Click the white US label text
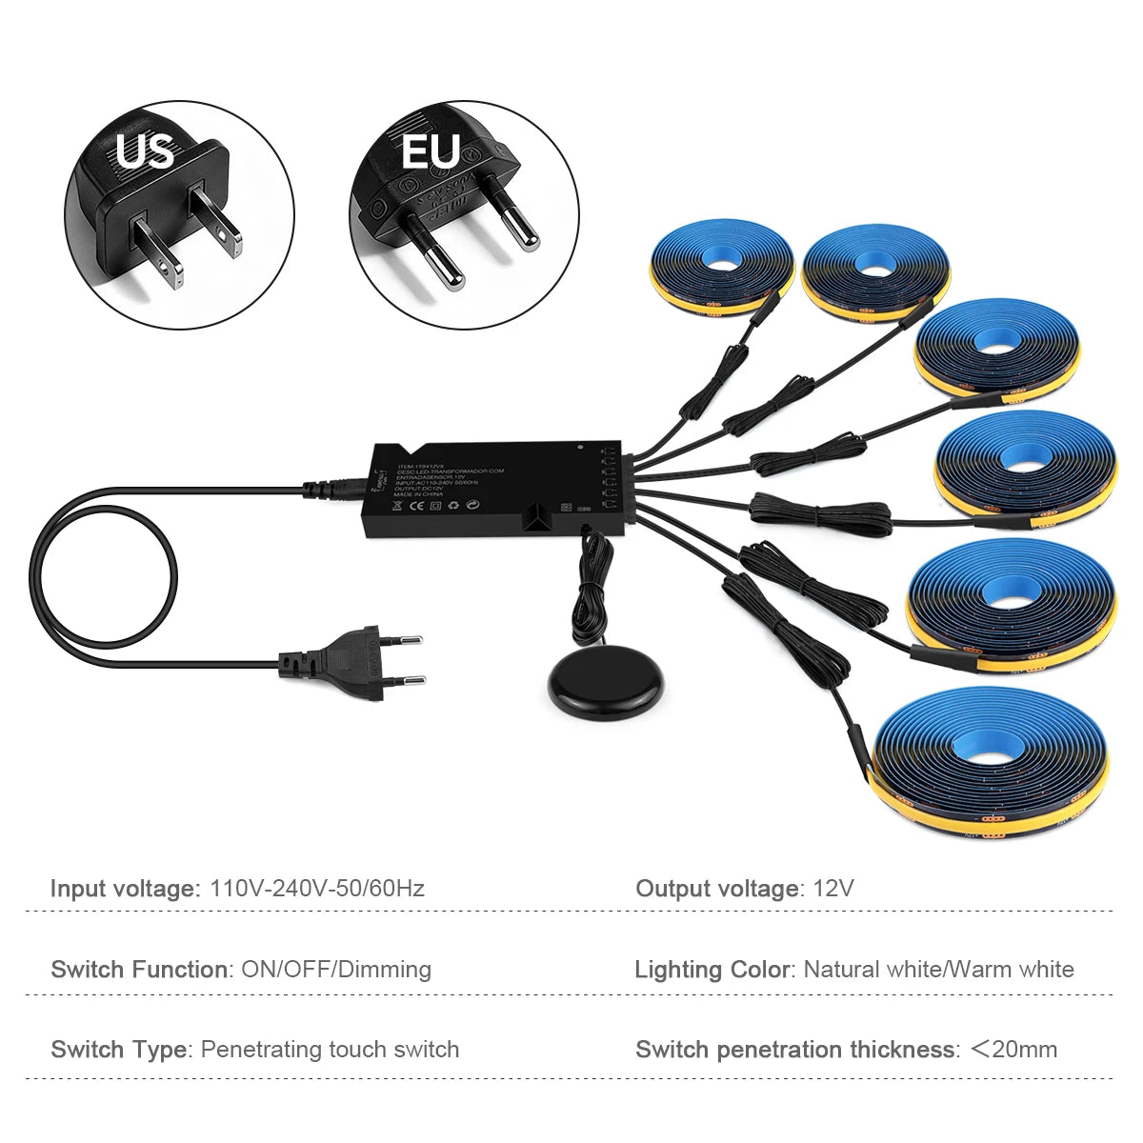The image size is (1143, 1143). (x=145, y=150)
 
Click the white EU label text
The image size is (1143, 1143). (x=431, y=150)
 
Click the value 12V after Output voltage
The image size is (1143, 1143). (x=833, y=889)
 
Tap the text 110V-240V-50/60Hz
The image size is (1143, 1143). (x=317, y=889)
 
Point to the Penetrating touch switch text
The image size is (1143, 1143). (x=330, y=1050)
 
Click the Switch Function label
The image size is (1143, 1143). (x=140, y=970)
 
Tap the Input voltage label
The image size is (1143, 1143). (x=122, y=889)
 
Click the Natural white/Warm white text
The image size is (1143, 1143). (x=938, y=970)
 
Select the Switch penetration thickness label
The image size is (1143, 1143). (x=796, y=1050)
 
